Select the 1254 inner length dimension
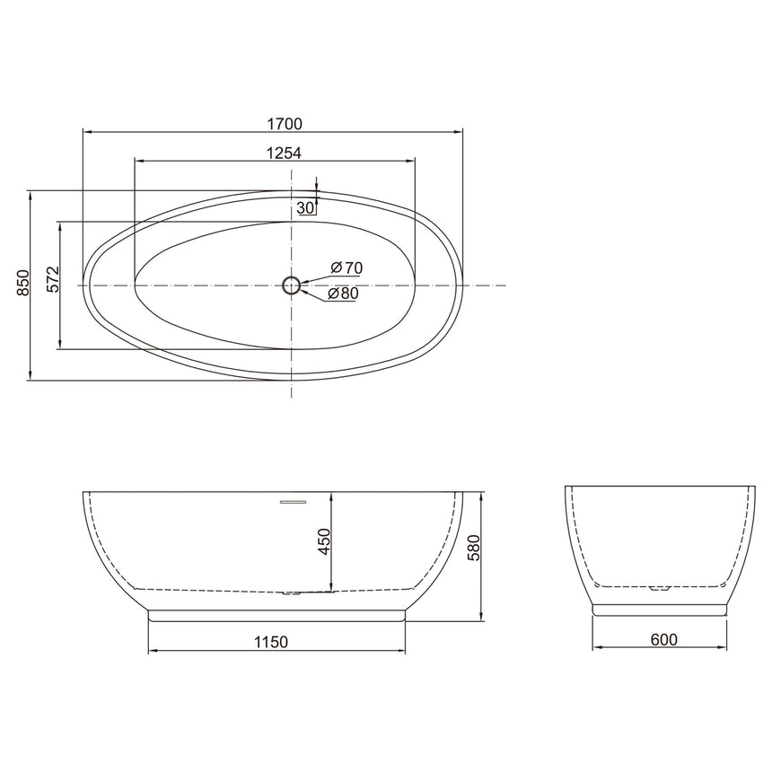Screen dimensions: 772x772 pos(283,154)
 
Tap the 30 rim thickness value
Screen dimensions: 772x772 pos(305,207)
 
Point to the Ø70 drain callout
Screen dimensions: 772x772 pos(346,268)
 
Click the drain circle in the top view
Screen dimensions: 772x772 pos(291,285)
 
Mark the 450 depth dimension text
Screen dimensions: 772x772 pos(324,542)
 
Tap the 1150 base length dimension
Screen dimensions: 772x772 pos(269,642)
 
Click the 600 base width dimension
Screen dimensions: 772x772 pos(663,640)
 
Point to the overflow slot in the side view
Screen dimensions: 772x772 pos(293,501)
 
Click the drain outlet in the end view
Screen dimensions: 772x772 pos(660,590)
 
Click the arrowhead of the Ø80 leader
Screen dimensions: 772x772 pos(303,289)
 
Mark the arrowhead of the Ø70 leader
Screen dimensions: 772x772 pos(303,281)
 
